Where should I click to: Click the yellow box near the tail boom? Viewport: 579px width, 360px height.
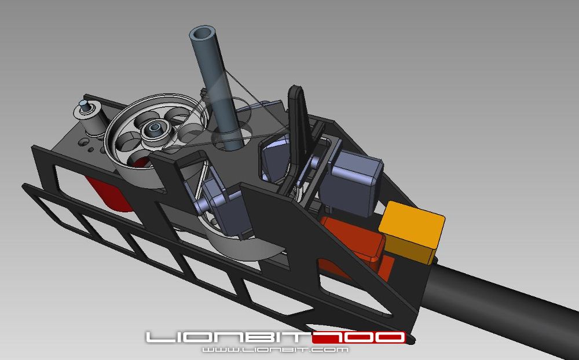coord(413,232)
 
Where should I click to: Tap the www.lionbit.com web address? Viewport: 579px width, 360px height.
coord(275,350)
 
